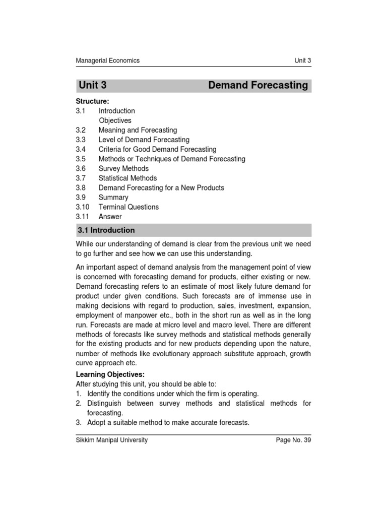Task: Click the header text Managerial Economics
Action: pyautogui.click(x=107, y=60)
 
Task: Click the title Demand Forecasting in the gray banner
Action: pyautogui.click(x=257, y=85)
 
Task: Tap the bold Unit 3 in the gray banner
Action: pyautogui.click(x=93, y=85)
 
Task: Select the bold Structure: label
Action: pyautogui.click(x=92, y=101)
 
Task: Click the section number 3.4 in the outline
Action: pyautogui.click(x=81, y=149)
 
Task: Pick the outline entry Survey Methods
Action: pyautogui.click(x=123, y=168)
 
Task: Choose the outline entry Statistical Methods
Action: pyautogui.click(x=127, y=178)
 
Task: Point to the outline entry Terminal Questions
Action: pyautogui.click(x=128, y=207)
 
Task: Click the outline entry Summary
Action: pyautogui.click(x=113, y=198)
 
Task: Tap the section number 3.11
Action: pyautogui.click(x=83, y=217)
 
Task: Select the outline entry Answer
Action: pyautogui.click(x=110, y=217)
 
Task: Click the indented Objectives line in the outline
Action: pyautogui.click(x=115, y=120)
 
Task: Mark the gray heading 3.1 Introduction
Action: pyautogui.click(x=106, y=230)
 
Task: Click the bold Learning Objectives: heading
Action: pyautogui.click(x=110, y=374)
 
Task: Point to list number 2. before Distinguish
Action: pyautogui.click(x=79, y=403)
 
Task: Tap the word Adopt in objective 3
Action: pyautogui.click(x=97, y=422)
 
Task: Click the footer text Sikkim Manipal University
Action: pyautogui.click(x=111, y=440)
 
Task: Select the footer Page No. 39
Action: pyautogui.click(x=293, y=440)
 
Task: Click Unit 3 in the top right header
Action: pyautogui.click(x=303, y=60)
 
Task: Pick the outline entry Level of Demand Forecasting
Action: pyautogui.click(x=144, y=140)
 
